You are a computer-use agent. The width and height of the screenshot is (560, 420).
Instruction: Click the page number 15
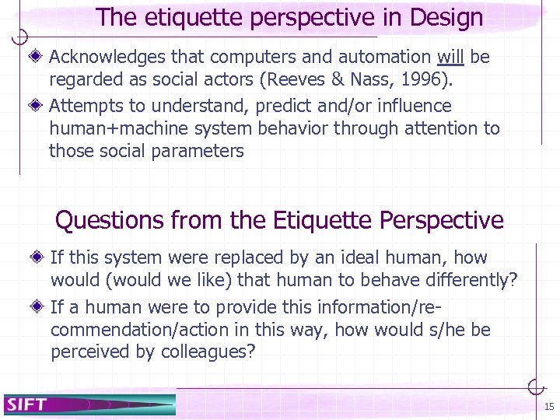(x=549, y=407)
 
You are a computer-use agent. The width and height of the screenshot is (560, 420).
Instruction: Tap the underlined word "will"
(x=451, y=57)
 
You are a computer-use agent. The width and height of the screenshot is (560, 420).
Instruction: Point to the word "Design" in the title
(x=443, y=18)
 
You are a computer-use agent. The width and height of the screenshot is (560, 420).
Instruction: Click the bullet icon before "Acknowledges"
(x=38, y=57)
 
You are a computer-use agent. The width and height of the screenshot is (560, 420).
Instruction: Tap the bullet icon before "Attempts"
(x=38, y=105)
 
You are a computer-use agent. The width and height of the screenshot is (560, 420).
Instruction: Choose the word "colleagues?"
(x=208, y=352)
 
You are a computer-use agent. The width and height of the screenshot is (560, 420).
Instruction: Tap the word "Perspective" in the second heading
(x=442, y=221)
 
